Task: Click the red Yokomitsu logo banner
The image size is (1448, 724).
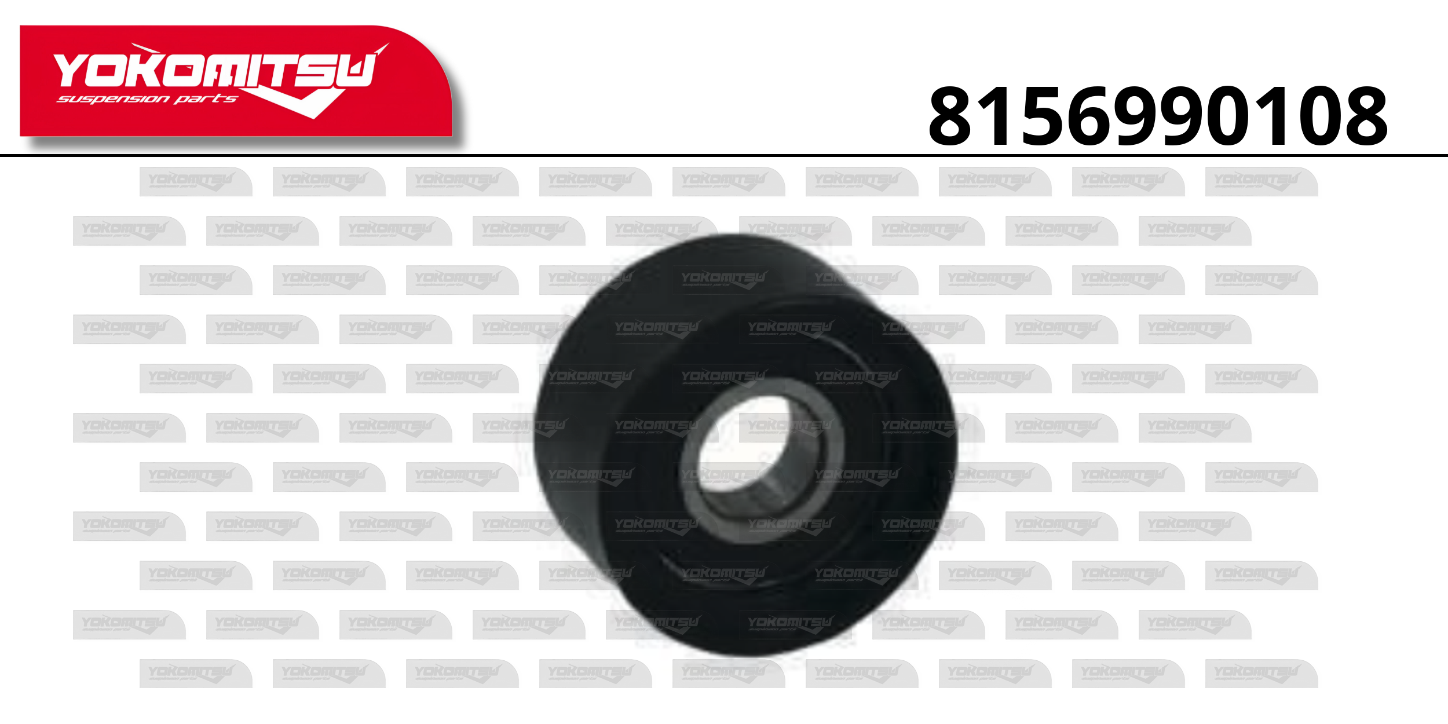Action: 236,81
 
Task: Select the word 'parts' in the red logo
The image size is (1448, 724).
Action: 206,99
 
